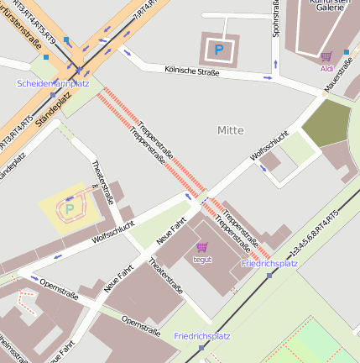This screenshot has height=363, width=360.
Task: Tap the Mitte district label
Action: pyautogui.click(x=230, y=130)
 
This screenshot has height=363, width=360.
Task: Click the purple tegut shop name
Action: pyautogui.click(x=202, y=260)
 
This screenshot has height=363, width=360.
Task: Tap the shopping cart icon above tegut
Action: pyautogui.click(x=201, y=247)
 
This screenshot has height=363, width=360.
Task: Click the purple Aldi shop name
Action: pyautogui.click(x=326, y=68)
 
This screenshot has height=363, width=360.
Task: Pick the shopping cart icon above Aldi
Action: pyautogui.click(x=326, y=56)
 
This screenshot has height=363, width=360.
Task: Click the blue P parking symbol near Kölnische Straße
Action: pyautogui.click(x=218, y=50)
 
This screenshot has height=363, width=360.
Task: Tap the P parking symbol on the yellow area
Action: pyautogui.click(x=69, y=208)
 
